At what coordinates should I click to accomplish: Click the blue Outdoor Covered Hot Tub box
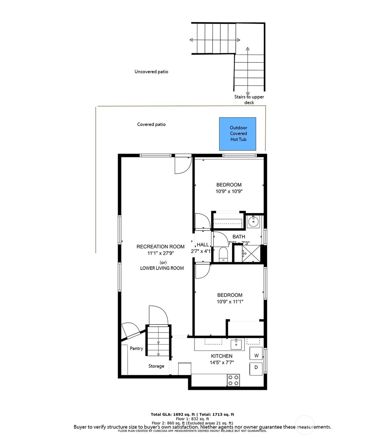click(x=237, y=134)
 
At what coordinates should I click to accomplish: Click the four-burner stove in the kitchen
click(x=233, y=380)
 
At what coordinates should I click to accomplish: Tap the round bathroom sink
click(x=253, y=222)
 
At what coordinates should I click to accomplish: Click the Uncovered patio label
click(x=151, y=72)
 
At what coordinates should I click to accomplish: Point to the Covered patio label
click(x=151, y=124)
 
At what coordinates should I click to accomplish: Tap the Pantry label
click(x=136, y=348)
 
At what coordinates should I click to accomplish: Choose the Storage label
click(x=156, y=366)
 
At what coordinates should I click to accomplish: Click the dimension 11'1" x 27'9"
click(x=161, y=253)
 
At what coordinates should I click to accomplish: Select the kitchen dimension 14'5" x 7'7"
click(x=222, y=363)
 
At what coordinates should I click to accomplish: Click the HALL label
click(x=203, y=245)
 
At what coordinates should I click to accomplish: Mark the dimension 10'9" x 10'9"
click(x=229, y=192)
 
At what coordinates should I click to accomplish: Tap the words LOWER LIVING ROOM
click(x=162, y=268)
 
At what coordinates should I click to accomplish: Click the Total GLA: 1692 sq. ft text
click(x=172, y=414)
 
